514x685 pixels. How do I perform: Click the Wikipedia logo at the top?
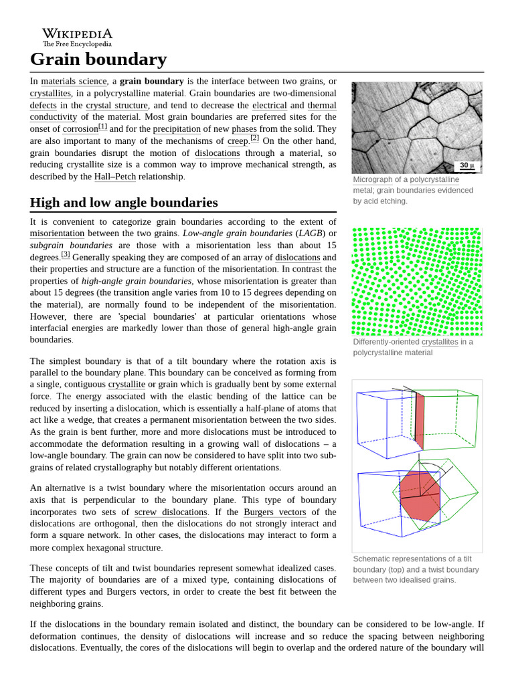[x=77, y=37]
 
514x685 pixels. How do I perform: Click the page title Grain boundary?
[x=98, y=60]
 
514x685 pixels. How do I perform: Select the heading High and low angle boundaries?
[x=124, y=202]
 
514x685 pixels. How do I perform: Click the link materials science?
[x=74, y=82]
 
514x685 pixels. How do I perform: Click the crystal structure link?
[x=116, y=106]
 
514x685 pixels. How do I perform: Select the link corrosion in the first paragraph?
[x=80, y=129]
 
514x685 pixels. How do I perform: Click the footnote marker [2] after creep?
[x=254, y=138]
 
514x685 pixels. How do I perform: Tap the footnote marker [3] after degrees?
[x=66, y=255]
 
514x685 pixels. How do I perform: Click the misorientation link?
[x=57, y=233]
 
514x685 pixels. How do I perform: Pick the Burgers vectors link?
[x=274, y=512]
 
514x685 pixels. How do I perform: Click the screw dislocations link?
[x=171, y=512]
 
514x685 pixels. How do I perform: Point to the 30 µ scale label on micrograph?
[x=466, y=166]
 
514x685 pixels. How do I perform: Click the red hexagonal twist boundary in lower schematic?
[x=419, y=499]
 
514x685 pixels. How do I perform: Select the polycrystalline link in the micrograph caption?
[x=434, y=180]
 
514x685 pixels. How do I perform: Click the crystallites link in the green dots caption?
[x=440, y=342]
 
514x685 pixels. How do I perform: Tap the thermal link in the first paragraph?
[x=322, y=106]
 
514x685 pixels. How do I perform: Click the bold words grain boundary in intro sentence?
[x=151, y=82]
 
